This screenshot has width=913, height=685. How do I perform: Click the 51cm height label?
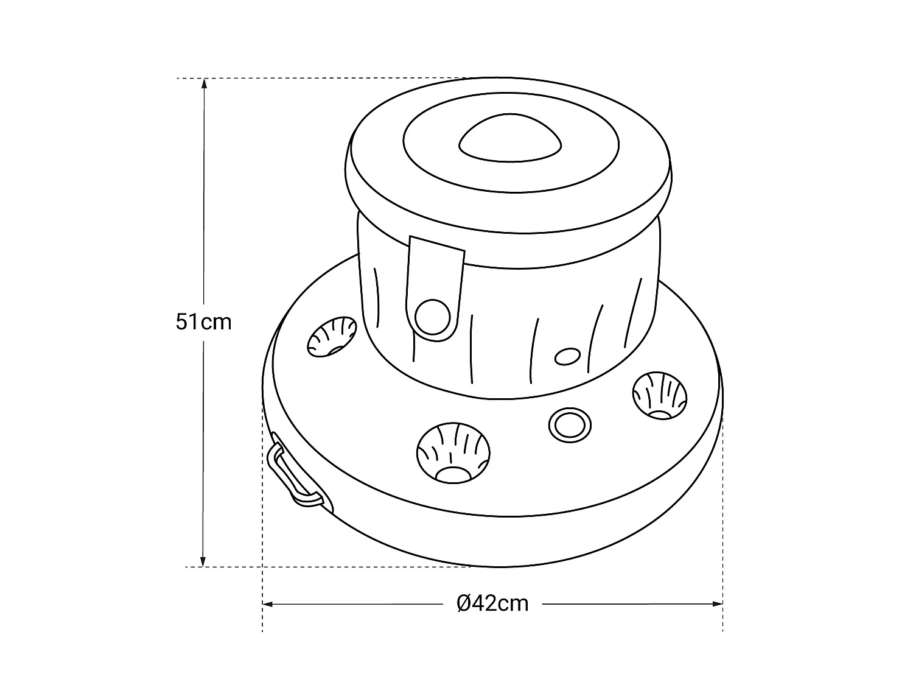203,322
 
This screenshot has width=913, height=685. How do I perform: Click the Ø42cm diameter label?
492,603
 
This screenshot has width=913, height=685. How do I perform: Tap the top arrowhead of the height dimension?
204,83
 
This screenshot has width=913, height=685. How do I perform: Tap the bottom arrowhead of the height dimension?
203,561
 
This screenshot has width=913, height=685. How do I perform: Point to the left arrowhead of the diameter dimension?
268,604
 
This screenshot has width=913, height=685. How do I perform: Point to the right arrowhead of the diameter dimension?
717,604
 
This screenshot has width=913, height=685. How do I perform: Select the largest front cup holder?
453,454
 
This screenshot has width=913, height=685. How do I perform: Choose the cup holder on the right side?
660,396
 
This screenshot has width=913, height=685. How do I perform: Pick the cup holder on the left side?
332,337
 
